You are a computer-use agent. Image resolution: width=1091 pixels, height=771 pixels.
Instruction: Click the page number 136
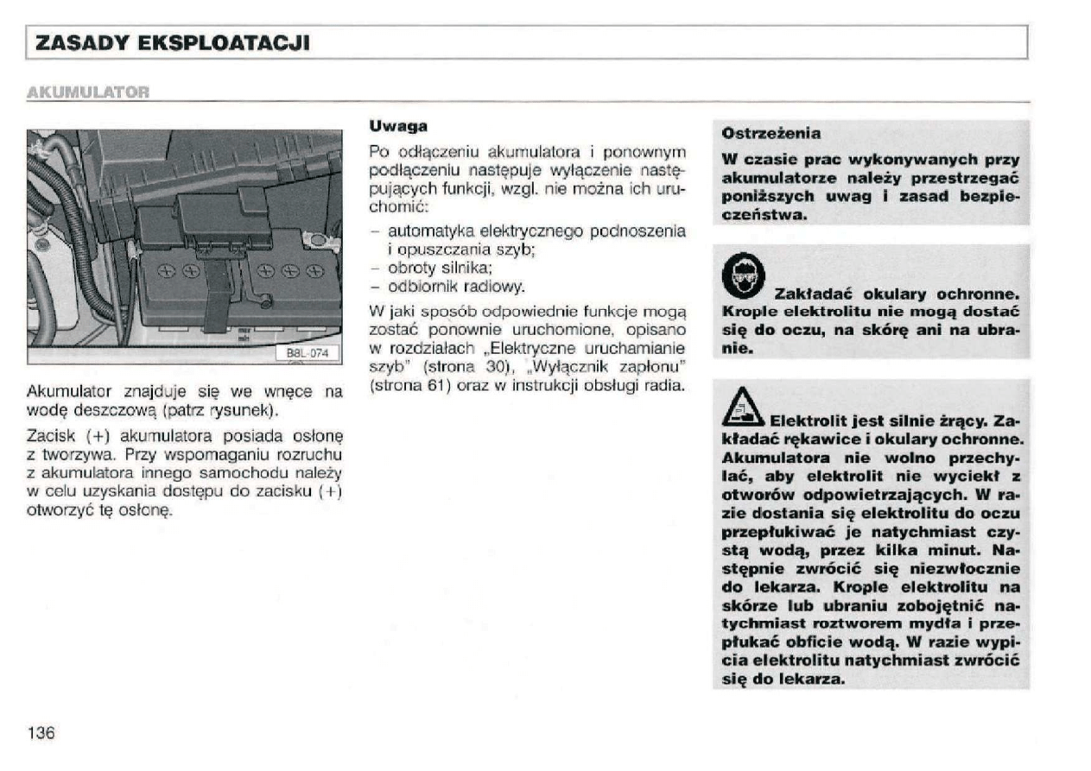(41, 733)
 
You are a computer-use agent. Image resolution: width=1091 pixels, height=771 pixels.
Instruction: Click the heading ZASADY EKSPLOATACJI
(169, 43)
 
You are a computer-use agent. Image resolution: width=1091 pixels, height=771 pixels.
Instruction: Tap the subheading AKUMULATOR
(89, 91)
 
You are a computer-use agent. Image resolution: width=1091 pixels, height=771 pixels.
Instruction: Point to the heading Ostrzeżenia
(771, 134)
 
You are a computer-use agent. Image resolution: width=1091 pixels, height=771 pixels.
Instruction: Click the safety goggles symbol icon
(739, 275)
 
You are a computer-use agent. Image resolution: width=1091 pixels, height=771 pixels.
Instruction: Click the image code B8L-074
(308, 352)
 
